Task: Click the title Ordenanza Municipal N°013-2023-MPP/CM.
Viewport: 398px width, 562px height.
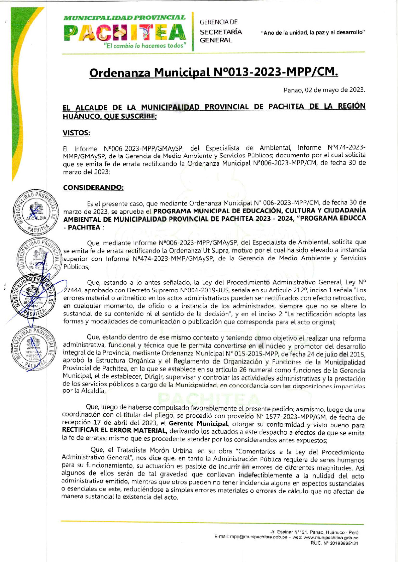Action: pyautogui.click(x=213, y=72)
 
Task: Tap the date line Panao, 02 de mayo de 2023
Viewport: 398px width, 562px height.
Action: pyautogui.click(x=324, y=90)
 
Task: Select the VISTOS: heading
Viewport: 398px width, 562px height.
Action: pyautogui.click(x=76, y=133)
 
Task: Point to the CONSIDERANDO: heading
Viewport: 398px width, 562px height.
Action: pyautogui.click(x=93, y=187)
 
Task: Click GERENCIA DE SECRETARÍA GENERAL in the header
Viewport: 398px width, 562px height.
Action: pyautogui.click(x=220, y=31)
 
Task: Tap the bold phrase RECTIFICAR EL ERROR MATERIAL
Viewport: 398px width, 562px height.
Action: pyautogui.click(x=115, y=431)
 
